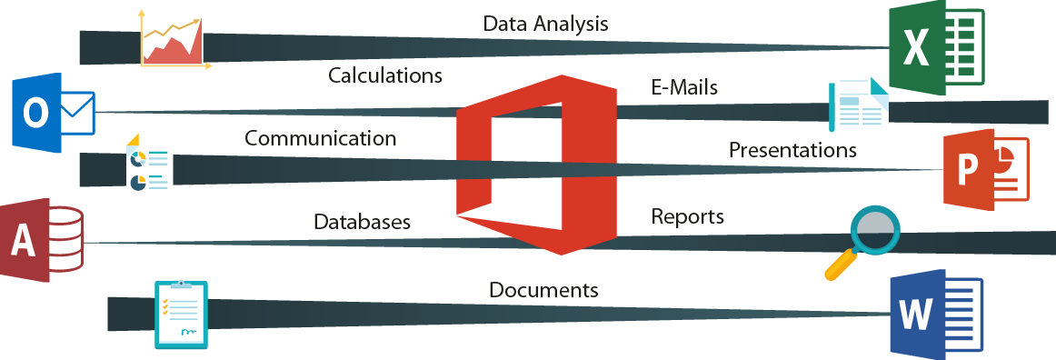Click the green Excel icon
coord(933,47)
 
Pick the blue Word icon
coord(933,314)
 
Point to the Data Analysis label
coord(545,24)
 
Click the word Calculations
coord(385,75)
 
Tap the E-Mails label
coord(684,87)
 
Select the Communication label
coord(320,139)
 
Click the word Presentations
coord(792,149)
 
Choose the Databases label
coord(362,221)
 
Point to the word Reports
coord(687,216)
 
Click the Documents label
coord(543,290)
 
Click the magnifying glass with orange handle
coord(863,241)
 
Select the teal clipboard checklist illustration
coord(181,314)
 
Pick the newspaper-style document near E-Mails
coord(858,104)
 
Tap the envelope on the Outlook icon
coord(75,113)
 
